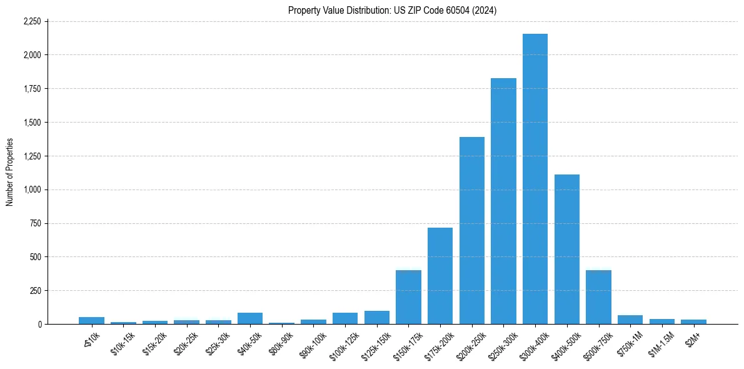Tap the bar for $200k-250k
472,231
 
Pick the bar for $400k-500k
567,250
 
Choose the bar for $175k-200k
440,276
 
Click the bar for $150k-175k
408,297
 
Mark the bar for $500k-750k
598,297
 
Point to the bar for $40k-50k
250,318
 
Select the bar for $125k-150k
377,318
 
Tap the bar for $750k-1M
630,320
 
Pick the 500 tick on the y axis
35,257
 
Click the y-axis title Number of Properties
9,173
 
